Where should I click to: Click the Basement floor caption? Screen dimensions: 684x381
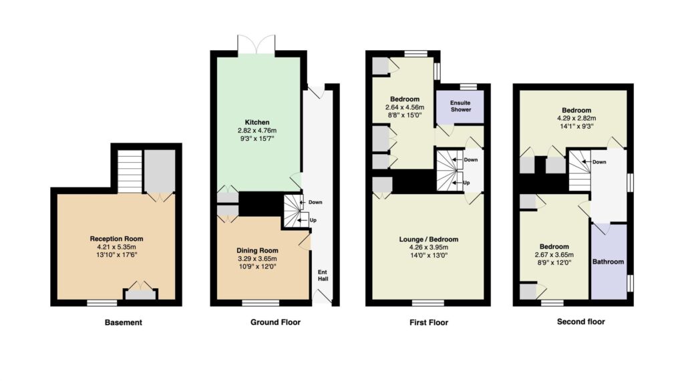124,322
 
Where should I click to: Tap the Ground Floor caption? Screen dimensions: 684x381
275,322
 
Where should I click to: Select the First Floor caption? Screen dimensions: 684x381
429,322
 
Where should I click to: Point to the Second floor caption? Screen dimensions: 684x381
581,322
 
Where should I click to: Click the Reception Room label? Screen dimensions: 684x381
116,239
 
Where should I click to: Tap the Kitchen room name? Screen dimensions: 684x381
257,123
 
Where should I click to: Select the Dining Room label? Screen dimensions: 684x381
257,251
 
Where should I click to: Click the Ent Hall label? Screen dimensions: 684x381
323,276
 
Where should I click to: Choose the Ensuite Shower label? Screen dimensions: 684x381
461,106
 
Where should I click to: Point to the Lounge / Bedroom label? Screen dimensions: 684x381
429,240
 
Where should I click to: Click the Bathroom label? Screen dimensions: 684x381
608,262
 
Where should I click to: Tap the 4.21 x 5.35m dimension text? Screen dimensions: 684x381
116,247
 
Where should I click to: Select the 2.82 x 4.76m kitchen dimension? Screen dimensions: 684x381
257,130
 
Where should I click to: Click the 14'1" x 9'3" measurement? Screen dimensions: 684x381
576,126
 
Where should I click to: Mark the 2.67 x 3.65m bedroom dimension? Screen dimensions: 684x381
554,255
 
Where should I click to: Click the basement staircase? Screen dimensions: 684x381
130,171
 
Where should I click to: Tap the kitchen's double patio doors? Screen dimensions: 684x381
256,45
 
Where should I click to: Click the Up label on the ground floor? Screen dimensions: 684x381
313,221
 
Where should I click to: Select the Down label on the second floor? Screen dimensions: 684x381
599,162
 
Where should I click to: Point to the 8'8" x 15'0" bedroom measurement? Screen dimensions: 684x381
405,115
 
